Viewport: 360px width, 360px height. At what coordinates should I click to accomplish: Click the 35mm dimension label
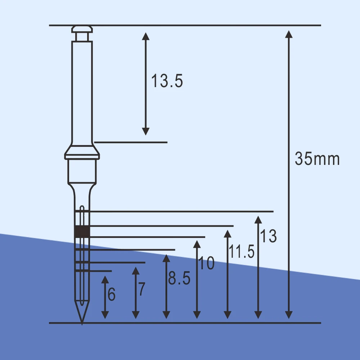pyautogui.click(x=317, y=159)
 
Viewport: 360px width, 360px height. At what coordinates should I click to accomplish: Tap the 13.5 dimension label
pyautogui.click(x=167, y=81)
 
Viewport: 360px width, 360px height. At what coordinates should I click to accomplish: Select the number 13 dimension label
pyautogui.click(x=268, y=236)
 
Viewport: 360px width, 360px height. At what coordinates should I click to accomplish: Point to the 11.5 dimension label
pyautogui.click(x=242, y=251)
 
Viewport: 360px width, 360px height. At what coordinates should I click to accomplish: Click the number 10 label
pyautogui.click(x=206, y=263)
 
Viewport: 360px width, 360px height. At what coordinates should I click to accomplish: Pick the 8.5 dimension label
pyautogui.click(x=179, y=278)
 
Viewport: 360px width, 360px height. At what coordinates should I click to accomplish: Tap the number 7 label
pyautogui.click(x=141, y=289)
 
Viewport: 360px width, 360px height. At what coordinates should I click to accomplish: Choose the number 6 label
pyautogui.click(x=112, y=294)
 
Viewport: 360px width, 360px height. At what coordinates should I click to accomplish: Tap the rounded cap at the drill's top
pyautogui.click(x=82, y=29)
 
